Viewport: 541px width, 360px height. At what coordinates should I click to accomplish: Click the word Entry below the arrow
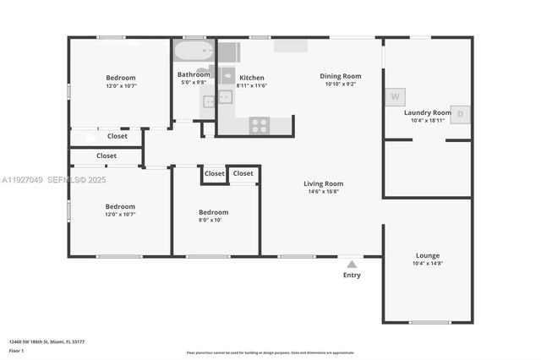pos(352,275)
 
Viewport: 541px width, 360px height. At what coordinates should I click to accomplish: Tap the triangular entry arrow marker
pos(352,264)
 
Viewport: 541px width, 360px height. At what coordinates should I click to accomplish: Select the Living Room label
pos(323,183)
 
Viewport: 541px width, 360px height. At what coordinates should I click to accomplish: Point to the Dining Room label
pos(341,76)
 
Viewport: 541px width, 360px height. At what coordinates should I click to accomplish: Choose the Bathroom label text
pos(194,74)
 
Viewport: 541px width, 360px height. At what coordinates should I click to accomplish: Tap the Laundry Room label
pos(428,112)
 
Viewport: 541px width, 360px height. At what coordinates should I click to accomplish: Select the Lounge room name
pos(427,255)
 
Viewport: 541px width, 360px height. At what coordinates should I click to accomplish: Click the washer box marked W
pos(395,96)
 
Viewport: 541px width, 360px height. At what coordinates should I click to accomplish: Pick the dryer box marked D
pos(460,114)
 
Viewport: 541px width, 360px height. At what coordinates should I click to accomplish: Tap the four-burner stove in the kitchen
pos(260,125)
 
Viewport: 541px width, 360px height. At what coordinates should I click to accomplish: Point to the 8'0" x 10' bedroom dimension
pos(213,220)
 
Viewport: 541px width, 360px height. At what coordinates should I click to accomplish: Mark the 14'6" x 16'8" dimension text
pos(323,192)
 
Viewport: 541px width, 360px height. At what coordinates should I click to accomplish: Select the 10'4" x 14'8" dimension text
pos(427,264)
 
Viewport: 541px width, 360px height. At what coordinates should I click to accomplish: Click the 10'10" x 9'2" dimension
pos(341,84)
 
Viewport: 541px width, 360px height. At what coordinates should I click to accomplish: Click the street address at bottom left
pos(46,341)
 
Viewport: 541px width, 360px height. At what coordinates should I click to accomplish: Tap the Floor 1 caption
pos(17,351)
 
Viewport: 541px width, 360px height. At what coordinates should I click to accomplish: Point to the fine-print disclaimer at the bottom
pos(270,352)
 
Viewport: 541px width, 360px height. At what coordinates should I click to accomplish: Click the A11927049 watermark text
pos(25,180)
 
